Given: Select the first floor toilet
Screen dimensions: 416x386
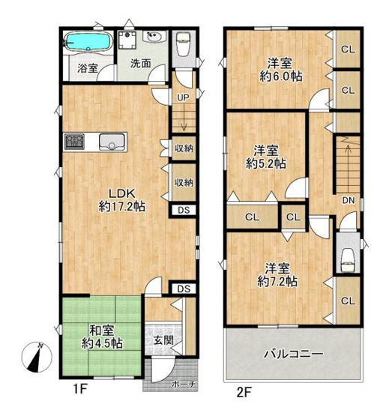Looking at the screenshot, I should [x=182, y=48].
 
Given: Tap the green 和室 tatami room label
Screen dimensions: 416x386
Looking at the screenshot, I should [x=102, y=337].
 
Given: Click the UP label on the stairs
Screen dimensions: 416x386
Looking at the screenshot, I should [x=182, y=97].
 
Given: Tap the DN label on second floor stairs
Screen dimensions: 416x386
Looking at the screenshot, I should [x=349, y=200].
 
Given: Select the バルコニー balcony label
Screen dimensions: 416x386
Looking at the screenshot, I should [x=293, y=355].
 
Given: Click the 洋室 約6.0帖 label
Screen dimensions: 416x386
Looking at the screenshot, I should [x=277, y=69].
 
